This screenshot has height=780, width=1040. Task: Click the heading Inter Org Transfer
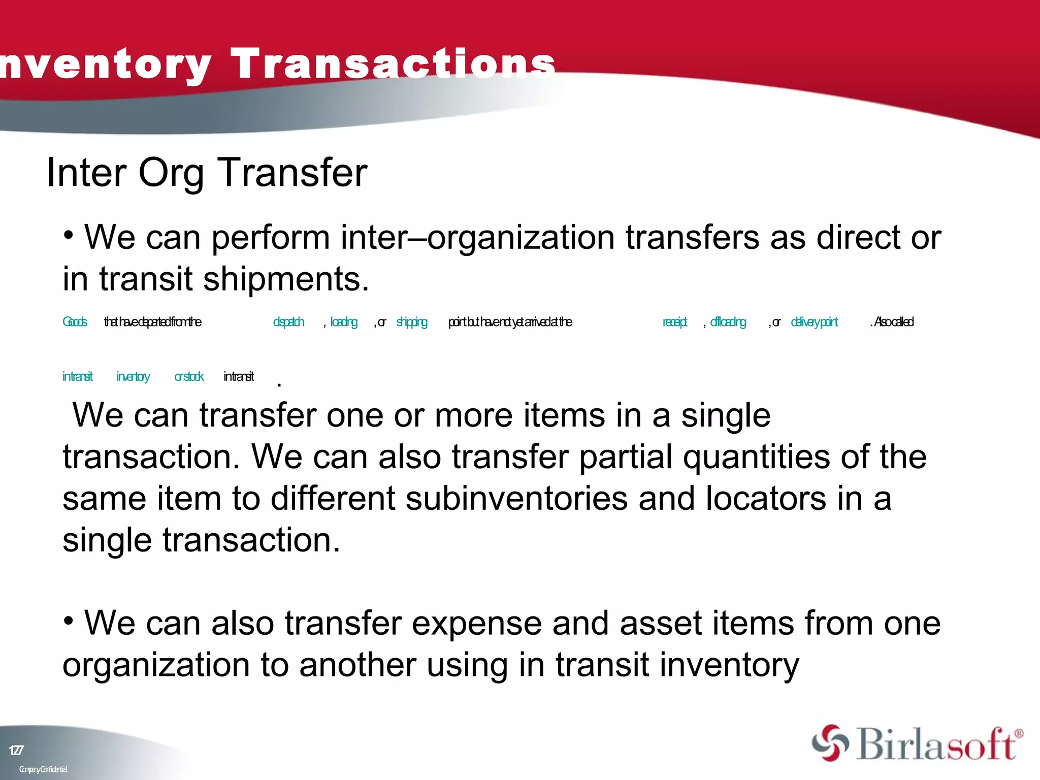point(207,173)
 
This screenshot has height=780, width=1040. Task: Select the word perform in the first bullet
point(271,237)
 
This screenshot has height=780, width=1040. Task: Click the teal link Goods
point(75,322)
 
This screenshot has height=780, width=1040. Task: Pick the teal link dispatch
point(288,322)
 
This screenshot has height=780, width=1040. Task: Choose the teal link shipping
point(411,322)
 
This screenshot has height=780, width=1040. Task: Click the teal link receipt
point(674,322)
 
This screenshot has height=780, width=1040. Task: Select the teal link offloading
point(728,322)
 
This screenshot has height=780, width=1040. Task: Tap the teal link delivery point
point(814,322)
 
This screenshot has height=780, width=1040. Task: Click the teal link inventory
point(133,376)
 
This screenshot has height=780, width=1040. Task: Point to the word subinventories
point(516,498)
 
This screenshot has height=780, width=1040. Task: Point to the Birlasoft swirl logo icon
point(830,743)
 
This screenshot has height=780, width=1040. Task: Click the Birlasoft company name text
point(937,744)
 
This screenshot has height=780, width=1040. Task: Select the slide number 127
point(16,750)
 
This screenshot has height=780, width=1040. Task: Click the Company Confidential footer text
point(43,769)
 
